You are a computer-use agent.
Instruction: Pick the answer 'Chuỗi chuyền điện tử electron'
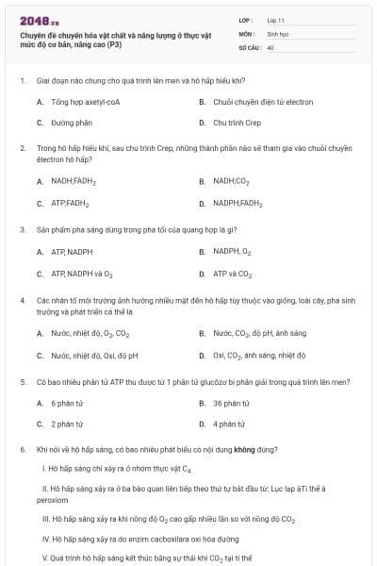(x=249, y=101)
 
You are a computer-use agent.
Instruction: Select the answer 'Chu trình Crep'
(x=237, y=123)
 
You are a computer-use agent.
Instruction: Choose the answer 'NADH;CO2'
(x=231, y=181)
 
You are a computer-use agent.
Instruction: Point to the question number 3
(x=22, y=229)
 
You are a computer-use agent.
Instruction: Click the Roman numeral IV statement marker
(x=46, y=540)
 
